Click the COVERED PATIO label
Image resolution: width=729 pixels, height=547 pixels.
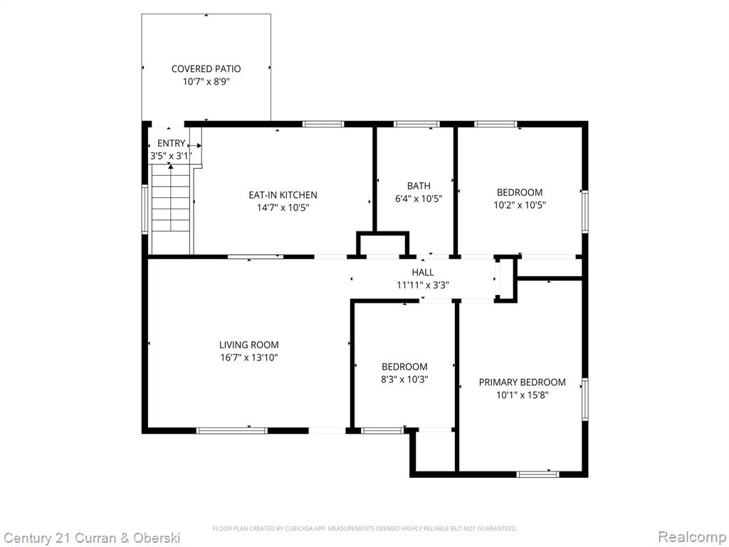(x=206, y=69)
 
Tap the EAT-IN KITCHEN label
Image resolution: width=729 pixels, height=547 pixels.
(x=283, y=195)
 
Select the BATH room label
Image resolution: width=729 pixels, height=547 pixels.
(x=419, y=186)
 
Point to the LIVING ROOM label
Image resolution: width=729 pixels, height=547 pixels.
(x=248, y=345)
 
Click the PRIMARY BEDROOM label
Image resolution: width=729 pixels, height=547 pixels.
(x=522, y=382)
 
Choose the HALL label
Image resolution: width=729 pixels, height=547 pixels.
(x=423, y=272)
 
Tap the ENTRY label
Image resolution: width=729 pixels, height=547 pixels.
(x=171, y=143)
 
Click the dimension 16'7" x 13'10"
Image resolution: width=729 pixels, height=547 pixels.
(x=249, y=358)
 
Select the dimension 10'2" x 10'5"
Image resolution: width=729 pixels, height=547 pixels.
(x=519, y=204)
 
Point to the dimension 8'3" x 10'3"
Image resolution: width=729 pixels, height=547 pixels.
(x=404, y=379)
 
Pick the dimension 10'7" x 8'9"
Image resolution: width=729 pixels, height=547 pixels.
(x=206, y=82)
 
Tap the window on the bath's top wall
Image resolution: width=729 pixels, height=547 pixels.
(x=416, y=124)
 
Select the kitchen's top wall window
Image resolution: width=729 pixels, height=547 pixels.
(x=323, y=124)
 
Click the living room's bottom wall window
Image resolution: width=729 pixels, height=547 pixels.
(x=232, y=431)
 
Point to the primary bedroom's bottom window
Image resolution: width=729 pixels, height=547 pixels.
(x=538, y=474)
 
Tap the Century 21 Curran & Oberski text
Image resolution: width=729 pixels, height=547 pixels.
(x=92, y=538)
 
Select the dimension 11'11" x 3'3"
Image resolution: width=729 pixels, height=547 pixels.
(x=423, y=285)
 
